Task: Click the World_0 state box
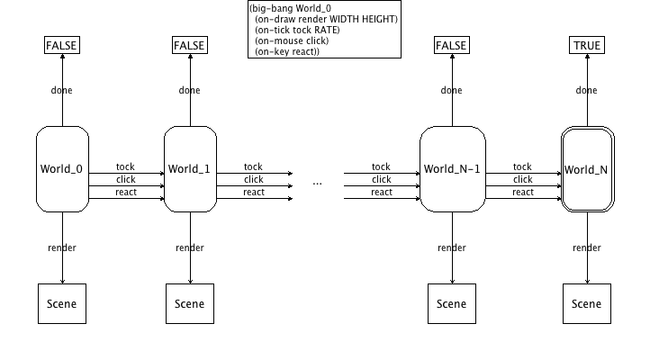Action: (x=62, y=169)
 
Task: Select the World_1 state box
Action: (x=190, y=169)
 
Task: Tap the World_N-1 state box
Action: (x=452, y=169)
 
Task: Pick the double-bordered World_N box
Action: (x=586, y=169)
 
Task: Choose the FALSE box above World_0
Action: (x=62, y=45)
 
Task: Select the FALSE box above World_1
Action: (x=189, y=45)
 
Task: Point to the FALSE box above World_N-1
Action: (x=451, y=45)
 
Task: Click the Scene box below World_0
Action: (x=62, y=303)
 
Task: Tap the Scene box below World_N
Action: (x=586, y=303)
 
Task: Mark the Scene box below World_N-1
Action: (x=451, y=303)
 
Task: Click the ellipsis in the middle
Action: (x=318, y=182)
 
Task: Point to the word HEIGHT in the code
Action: (x=381, y=19)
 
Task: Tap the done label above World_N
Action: (x=586, y=90)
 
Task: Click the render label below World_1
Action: (x=190, y=248)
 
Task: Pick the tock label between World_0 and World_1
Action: (x=125, y=166)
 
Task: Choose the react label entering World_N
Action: (x=522, y=192)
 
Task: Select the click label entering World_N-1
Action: (x=381, y=179)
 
